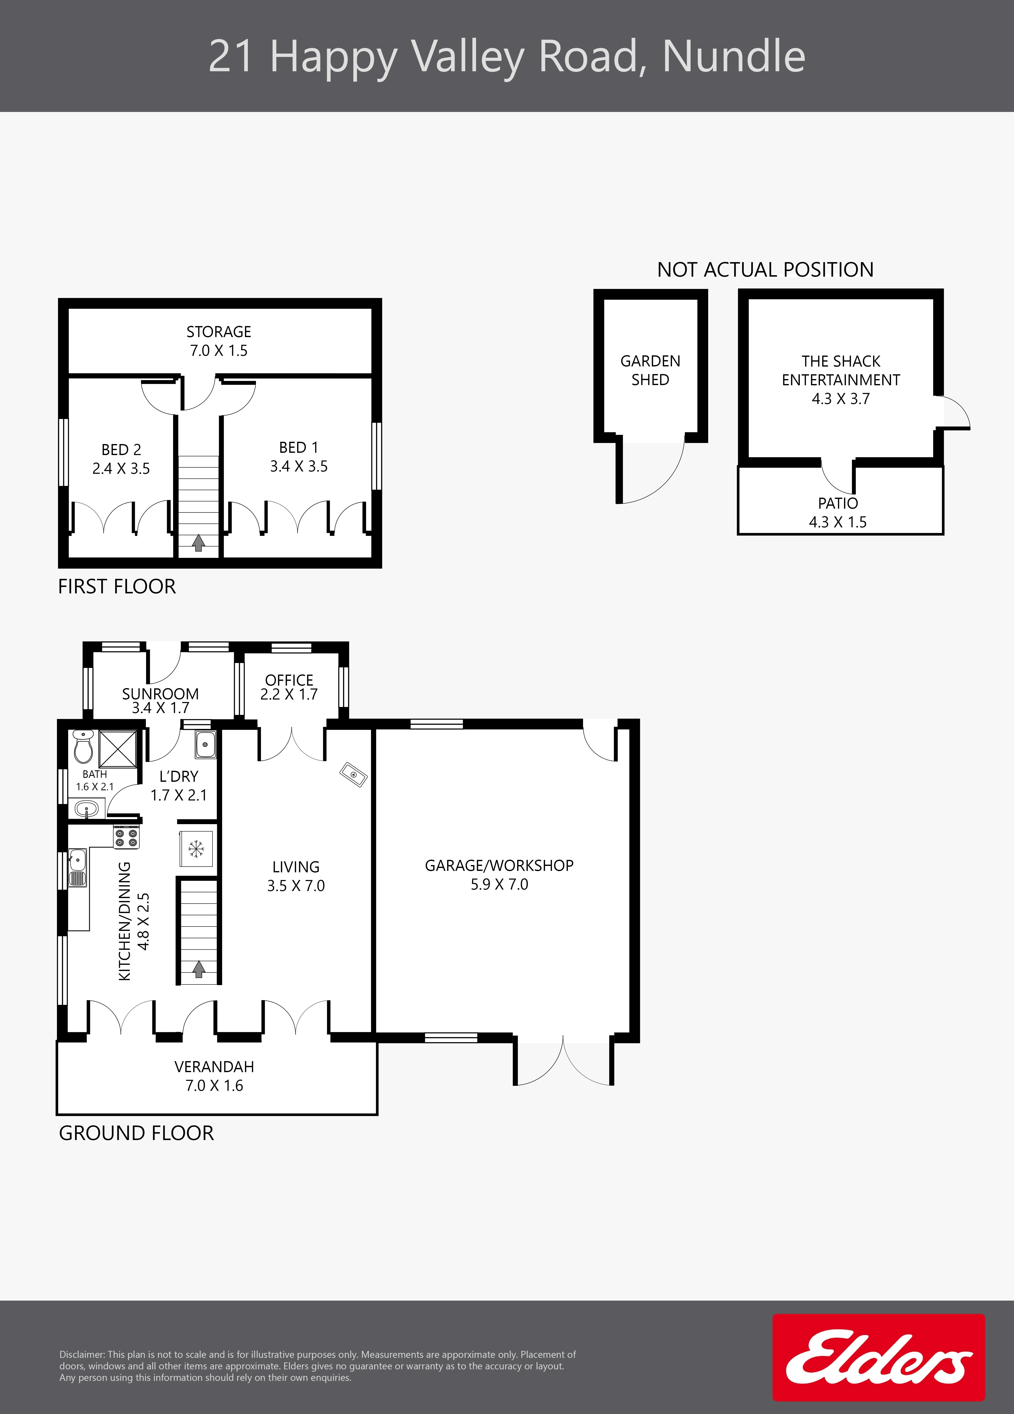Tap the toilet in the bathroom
83,746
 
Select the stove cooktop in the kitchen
126,837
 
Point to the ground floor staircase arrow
198,968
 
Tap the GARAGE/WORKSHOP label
499,865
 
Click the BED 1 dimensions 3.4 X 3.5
299,466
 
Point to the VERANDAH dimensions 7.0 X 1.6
214,1085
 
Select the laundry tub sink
205,744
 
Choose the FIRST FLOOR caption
117,587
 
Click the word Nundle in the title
734,57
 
